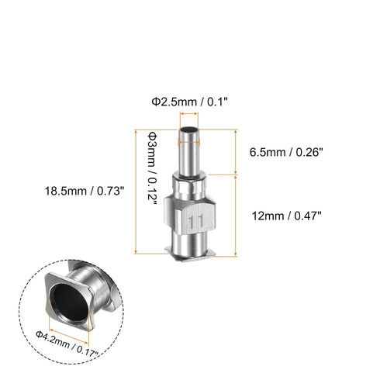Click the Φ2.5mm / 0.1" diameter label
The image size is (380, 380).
(x=189, y=101)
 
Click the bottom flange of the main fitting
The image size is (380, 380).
(x=190, y=252)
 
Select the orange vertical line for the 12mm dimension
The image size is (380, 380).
(x=235, y=215)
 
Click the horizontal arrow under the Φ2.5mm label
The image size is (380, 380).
(x=189, y=112)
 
